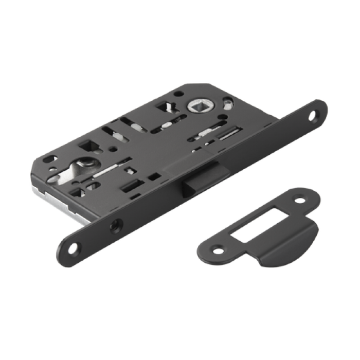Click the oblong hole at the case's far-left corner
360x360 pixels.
pos(52,157)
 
